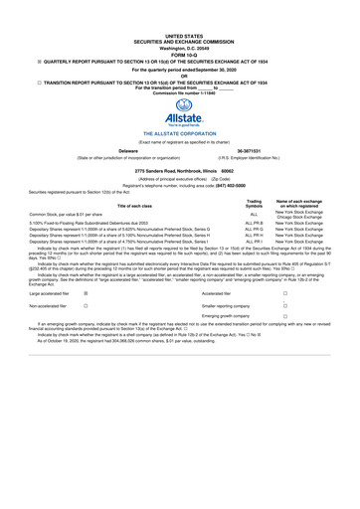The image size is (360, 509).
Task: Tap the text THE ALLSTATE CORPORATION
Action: point(179,131)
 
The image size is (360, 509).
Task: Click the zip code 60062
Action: point(241,172)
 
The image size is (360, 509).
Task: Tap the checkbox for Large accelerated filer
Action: point(86,294)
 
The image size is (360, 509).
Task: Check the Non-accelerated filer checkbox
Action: point(86,308)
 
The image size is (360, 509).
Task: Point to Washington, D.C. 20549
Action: point(179,20)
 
